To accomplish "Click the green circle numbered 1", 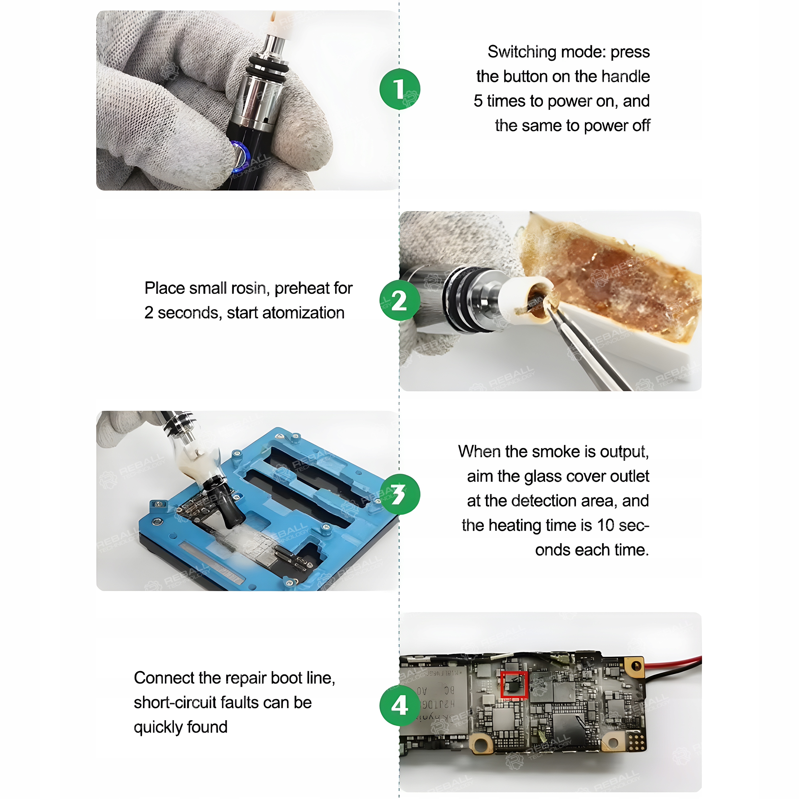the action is [x=399, y=89].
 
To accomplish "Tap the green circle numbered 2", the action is [x=399, y=300].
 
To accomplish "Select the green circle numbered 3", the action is [x=399, y=494].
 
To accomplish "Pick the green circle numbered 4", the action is [x=399, y=706].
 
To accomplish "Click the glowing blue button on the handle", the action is [x=240, y=156].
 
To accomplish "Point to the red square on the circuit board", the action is [x=514, y=684].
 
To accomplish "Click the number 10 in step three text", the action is [x=606, y=526].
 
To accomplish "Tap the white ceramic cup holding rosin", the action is [x=527, y=300].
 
